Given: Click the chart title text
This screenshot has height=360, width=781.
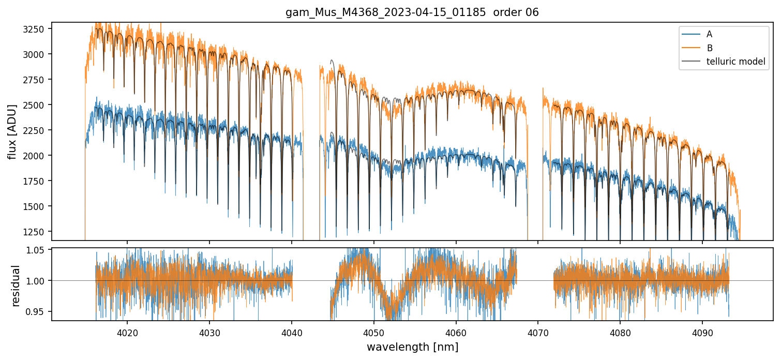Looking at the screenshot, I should coord(412,12).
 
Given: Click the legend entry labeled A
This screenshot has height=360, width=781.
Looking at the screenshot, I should coord(709,34).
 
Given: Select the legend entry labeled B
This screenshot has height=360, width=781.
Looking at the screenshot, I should coord(709,48).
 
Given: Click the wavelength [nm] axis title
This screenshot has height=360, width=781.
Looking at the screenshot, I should coord(412,347).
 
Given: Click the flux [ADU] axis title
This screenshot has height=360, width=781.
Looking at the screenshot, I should coord(12,131).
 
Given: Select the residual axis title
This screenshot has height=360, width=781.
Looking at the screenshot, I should coord(16,286).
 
